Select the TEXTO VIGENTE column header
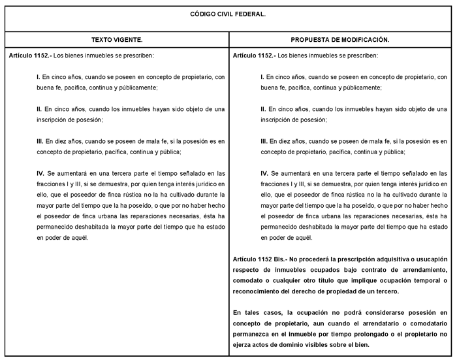[x=117, y=40]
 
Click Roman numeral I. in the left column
[x=39, y=77]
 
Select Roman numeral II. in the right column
[x=264, y=109]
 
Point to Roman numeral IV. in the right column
[x=264, y=173]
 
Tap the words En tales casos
[x=257, y=312]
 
